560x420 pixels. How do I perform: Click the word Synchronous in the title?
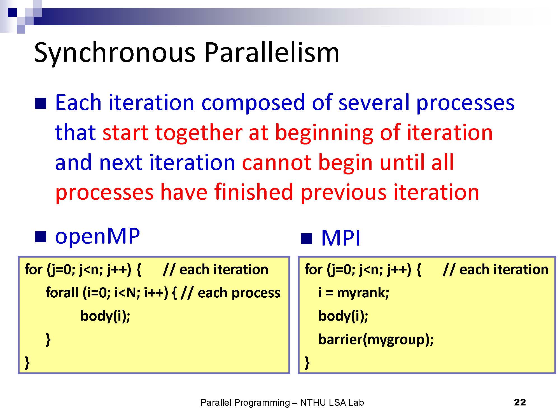(x=115, y=53)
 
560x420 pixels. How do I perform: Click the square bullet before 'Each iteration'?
(x=41, y=103)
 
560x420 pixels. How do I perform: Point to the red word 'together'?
(x=198, y=132)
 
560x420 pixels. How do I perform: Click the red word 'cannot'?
(x=276, y=162)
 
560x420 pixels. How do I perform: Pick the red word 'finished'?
(x=254, y=192)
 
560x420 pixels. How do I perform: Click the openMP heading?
(x=97, y=236)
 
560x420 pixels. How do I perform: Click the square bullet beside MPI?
(x=307, y=239)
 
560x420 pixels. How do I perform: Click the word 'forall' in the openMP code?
(x=62, y=293)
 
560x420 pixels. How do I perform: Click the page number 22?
(x=520, y=402)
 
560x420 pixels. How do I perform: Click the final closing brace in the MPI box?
(x=307, y=363)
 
